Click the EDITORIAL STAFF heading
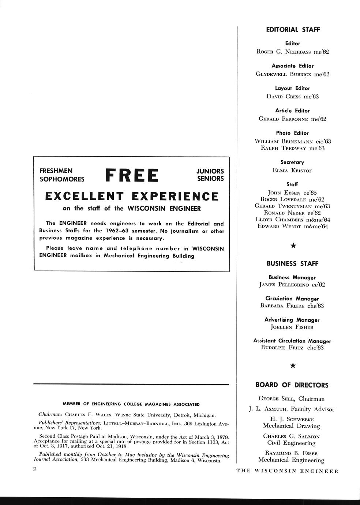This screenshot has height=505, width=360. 293,30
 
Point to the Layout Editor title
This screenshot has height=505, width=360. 292,88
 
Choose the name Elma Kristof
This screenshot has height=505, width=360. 292,171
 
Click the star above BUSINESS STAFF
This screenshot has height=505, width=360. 293,246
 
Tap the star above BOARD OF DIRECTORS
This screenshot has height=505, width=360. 293,365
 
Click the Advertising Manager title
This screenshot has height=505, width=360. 292,320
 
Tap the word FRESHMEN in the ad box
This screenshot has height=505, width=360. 56,171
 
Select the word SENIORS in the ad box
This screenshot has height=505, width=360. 210,179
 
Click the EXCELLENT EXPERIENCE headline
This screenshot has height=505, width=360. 132,197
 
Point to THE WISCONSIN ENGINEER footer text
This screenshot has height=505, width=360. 287,471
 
